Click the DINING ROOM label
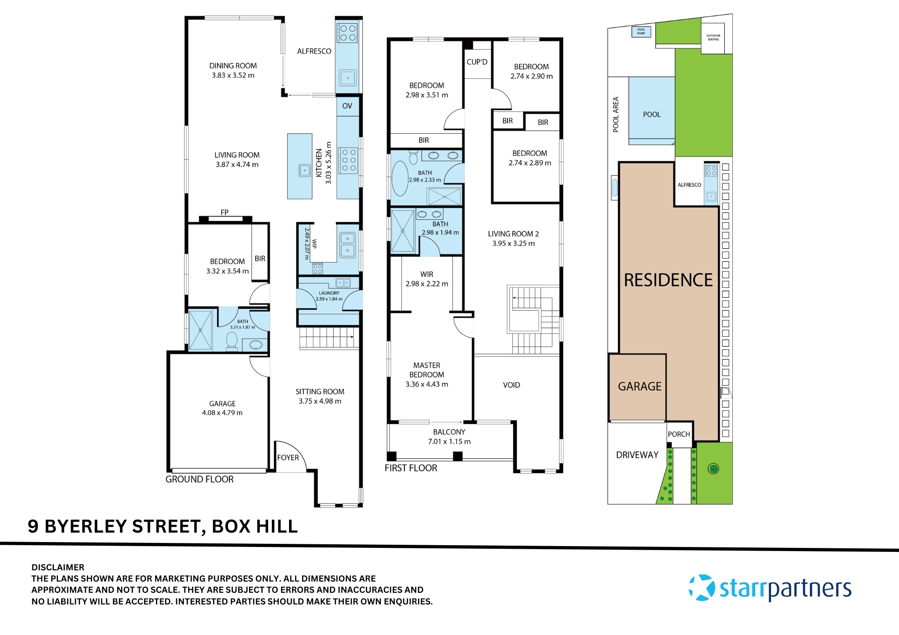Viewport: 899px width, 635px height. tap(233, 66)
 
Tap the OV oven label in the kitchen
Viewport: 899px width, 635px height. tap(347, 106)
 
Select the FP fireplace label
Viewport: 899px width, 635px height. tap(224, 212)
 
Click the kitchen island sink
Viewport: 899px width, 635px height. tap(305, 171)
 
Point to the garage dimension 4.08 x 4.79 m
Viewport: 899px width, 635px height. tap(222, 413)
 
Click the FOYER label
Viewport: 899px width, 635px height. tap(288, 458)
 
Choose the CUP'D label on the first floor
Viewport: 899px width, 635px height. tap(477, 62)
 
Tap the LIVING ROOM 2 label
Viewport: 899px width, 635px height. tap(513, 234)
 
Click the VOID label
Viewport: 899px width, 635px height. tap(512, 385)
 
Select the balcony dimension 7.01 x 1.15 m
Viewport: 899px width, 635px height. tap(449, 441)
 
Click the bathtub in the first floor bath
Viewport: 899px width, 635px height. tap(400, 179)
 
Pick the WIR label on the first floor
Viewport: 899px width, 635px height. tap(427, 274)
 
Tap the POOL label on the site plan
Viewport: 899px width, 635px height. tap(651, 115)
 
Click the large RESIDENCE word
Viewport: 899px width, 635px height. tap(668, 280)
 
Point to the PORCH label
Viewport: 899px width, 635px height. tap(679, 434)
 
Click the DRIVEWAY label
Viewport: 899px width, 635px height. tap(637, 455)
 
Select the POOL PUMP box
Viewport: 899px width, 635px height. tap(641, 31)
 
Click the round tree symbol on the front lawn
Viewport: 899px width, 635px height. tap(713, 469)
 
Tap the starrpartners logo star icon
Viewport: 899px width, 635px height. tap(702, 587)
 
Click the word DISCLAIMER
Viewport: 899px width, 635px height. tap(58, 567)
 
